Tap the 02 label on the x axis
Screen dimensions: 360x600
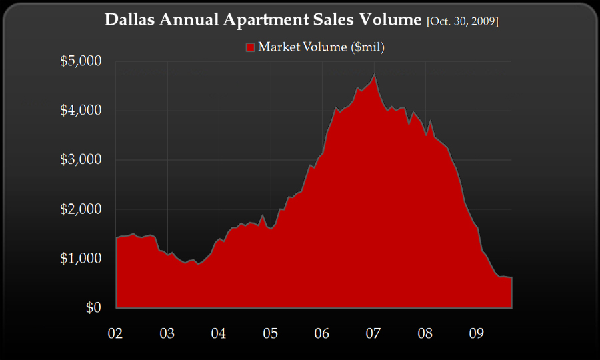(x=116, y=332)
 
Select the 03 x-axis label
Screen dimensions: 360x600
(x=167, y=332)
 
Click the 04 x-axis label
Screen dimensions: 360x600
(x=219, y=332)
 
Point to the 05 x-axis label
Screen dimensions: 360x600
(x=270, y=332)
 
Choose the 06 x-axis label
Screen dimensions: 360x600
(x=322, y=332)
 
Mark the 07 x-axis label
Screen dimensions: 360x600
(x=373, y=332)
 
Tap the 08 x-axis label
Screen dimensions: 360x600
(x=425, y=332)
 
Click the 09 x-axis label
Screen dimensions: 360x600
(x=476, y=332)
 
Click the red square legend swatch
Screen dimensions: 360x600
(x=251, y=47)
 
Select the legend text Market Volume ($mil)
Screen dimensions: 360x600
(x=321, y=47)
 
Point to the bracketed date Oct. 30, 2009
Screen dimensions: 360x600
(x=462, y=22)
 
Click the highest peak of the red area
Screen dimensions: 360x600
(x=375, y=75)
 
